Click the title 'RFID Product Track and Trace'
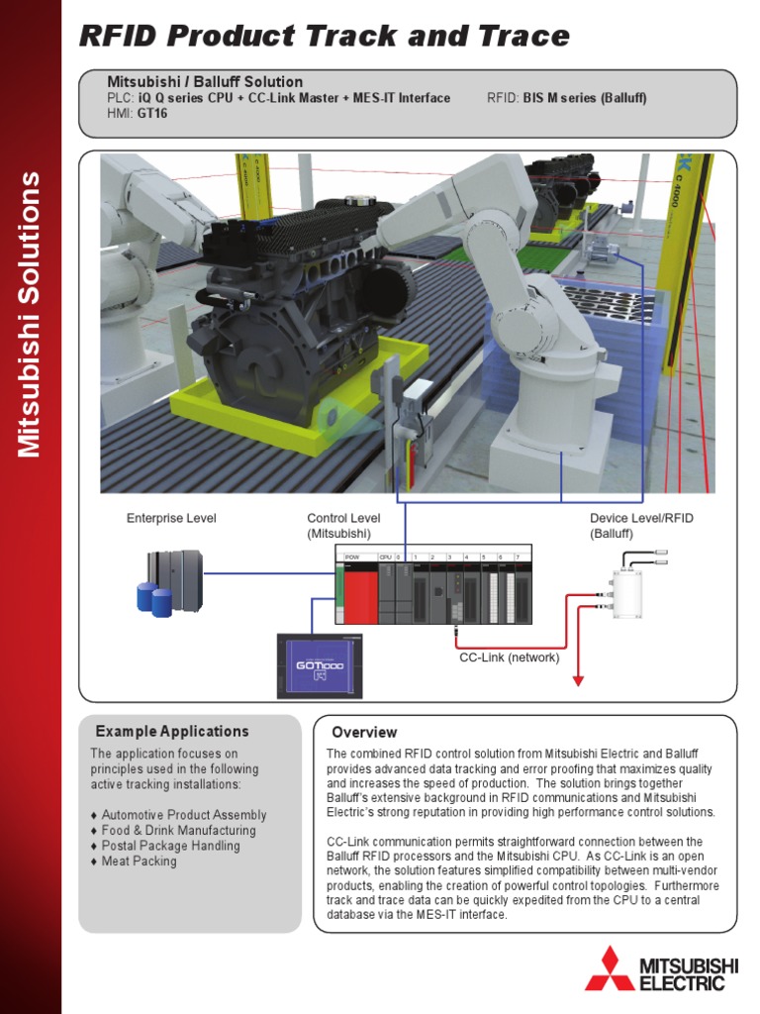[x=325, y=37]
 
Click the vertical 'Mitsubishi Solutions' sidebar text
[x=30, y=315]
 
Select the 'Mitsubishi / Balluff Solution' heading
[x=205, y=81]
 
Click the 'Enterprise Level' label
[x=171, y=518]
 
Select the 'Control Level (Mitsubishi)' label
[x=343, y=525]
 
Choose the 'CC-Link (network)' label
[x=509, y=658]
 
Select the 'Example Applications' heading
[x=172, y=732]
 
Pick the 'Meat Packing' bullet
[x=139, y=862]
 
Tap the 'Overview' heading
[x=364, y=733]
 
